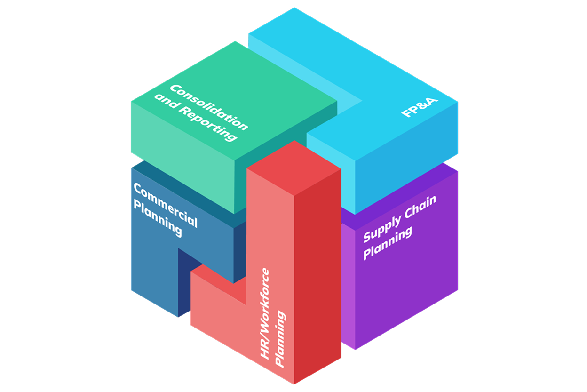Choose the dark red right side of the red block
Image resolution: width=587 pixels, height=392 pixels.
tap(317, 273)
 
